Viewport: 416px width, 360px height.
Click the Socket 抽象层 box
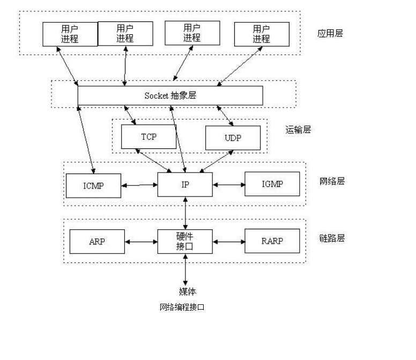coord(170,96)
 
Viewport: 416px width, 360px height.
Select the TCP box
coord(148,137)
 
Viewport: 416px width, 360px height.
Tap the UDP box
coord(233,138)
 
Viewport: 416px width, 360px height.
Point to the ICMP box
coord(93,186)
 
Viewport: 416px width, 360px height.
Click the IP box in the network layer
coord(185,185)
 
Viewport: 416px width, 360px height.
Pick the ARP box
coord(97,242)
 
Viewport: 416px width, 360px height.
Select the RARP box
coord(272,241)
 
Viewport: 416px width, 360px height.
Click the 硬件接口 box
coord(185,242)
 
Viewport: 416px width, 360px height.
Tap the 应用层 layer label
coord(330,33)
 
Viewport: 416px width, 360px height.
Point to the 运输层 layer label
coord(298,130)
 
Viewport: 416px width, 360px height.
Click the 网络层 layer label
coord(332,181)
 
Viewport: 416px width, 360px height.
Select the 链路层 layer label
coord(332,238)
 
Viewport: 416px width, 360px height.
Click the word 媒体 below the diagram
coord(187,291)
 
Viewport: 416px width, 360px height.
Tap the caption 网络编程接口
coord(182,307)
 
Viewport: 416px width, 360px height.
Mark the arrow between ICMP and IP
coord(139,185)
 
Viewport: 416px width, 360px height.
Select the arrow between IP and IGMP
coord(228,185)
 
